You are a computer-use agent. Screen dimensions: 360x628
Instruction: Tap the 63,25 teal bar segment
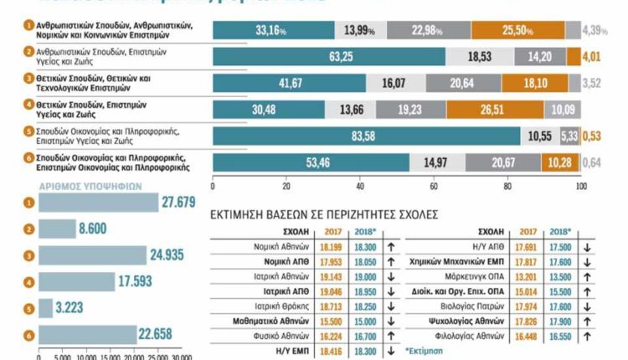[x=328, y=57]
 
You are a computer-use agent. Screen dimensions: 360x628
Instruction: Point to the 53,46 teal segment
[x=311, y=163]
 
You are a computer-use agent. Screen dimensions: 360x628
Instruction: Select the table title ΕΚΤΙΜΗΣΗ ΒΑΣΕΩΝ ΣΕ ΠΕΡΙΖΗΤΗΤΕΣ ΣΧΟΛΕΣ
[x=326, y=214]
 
